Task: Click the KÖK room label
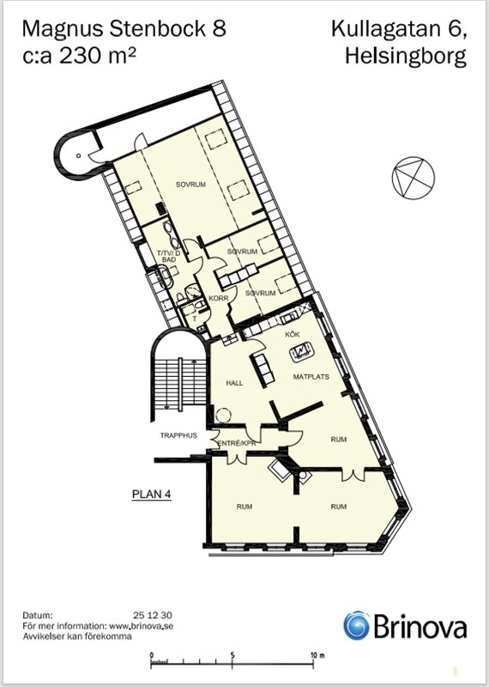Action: tap(293, 334)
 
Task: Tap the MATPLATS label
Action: tap(311, 376)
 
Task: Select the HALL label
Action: tap(234, 383)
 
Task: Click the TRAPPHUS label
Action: tap(178, 435)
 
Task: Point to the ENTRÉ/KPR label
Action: tap(237, 443)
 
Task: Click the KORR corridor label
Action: tap(219, 298)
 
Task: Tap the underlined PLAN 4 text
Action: tap(152, 495)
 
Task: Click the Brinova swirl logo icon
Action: tap(356, 625)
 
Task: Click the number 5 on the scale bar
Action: tap(232, 655)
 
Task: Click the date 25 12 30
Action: tap(153, 615)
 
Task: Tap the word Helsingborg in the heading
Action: tap(406, 57)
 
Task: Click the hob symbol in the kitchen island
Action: tap(302, 351)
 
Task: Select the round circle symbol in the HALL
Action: tap(223, 415)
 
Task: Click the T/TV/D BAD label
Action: tap(168, 256)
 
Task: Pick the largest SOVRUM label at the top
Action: tap(190, 185)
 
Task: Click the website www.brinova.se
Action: tap(141, 626)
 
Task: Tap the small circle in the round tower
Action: tap(78, 155)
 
